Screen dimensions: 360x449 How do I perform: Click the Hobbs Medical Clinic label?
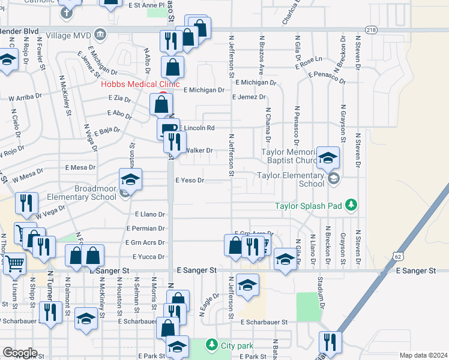tap(140, 85)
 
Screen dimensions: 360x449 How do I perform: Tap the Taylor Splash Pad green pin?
tap(351, 206)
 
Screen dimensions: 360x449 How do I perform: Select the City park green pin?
tap(211, 345)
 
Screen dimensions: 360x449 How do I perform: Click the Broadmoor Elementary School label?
tap(95, 193)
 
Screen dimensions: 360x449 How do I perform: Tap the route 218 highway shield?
tap(372, 29)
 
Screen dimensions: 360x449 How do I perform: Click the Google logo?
tap(19, 353)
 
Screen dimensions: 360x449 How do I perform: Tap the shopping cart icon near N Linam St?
tap(14, 263)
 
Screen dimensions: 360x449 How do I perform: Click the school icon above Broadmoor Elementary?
tap(130, 178)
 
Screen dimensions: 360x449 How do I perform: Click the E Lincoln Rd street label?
tap(196, 128)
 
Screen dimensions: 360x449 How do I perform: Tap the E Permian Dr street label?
tap(146, 229)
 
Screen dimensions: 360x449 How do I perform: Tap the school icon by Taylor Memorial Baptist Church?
tap(328, 158)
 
